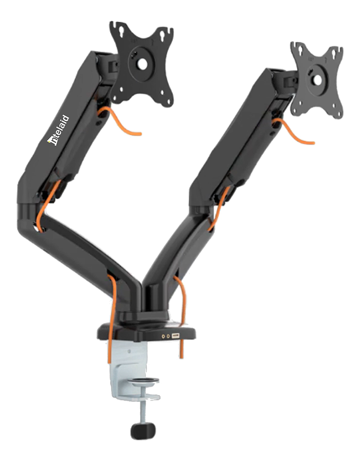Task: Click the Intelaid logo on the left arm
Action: [58, 130]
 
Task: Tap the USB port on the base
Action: [176, 335]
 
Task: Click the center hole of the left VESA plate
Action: [142, 64]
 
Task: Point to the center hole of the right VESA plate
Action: [317, 80]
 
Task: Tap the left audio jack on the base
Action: [163, 336]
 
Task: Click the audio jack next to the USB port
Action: [168, 336]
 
